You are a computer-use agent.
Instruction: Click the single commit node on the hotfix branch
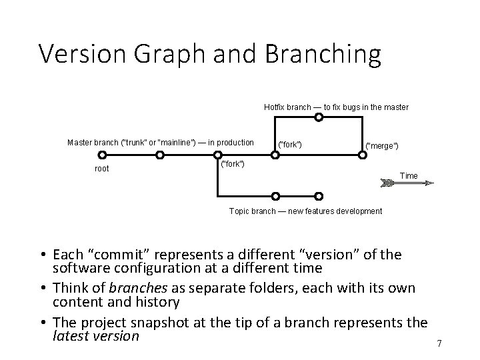pyautogui.click(x=319, y=117)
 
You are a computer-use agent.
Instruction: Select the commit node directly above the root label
pyautogui.click(x=101, y=155)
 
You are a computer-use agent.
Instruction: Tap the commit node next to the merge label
pyautogui.click(x=362, y=155)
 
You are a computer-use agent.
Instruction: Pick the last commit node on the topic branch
pyautogui.click(x=319, y=197)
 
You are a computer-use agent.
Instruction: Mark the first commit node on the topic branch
pyautogui.click(x=275, y=197)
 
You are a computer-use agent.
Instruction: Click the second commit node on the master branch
pyautogui.click(x=159, y=155)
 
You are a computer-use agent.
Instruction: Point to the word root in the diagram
pyautogui.click(x=102, y=169)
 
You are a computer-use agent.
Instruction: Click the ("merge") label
pyautogui.click(x=383, y=145)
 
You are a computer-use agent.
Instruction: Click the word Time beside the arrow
pyautogui.click(x=409, y=176)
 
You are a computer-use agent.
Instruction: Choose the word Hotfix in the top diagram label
pyautogui.click(x=274, y=107)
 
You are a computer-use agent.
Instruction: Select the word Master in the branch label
pyautogui.click(x=81, y=142)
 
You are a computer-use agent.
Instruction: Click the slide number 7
pyautogui.click(x=439, y=343)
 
